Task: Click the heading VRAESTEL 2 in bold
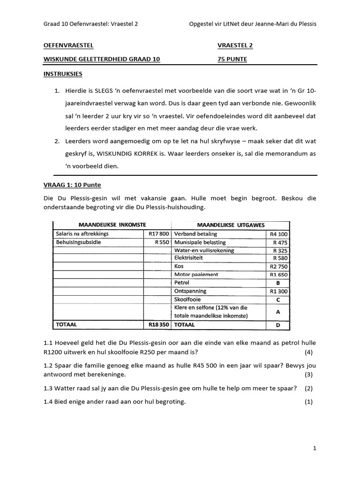(x=235, y=45)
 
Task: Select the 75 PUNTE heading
(x=232, y=59)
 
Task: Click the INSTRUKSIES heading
(x=63, y=74)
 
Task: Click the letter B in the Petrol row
(x=279, y=283)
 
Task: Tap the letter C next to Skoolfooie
(x=279, y=300)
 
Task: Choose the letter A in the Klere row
(x=279, y=311)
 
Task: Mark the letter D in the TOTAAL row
(x=279, y=324)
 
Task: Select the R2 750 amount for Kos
(x=279, y=266)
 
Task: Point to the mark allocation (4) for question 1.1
(x=308, y=352)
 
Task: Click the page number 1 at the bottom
(x=315, y=449)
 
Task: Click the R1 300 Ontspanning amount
(x=279, y=291)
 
